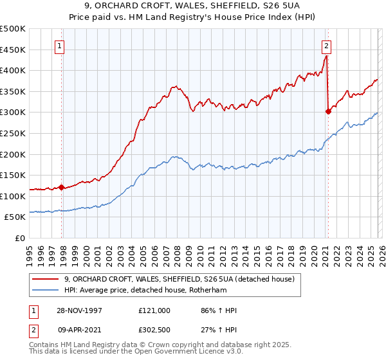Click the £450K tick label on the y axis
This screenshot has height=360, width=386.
tap(13, 50)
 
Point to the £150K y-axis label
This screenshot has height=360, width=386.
tap(13, 175)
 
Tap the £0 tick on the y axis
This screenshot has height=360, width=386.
tap(20, 238)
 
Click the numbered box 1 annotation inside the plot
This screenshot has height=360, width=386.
tap(60, 46)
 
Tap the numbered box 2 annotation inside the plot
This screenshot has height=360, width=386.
tap(327, 46)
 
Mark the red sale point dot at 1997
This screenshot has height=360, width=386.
tap(62, 188)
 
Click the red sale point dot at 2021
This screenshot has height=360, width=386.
tap(328, 111)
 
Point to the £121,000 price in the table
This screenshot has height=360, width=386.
tap(154, 310)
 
